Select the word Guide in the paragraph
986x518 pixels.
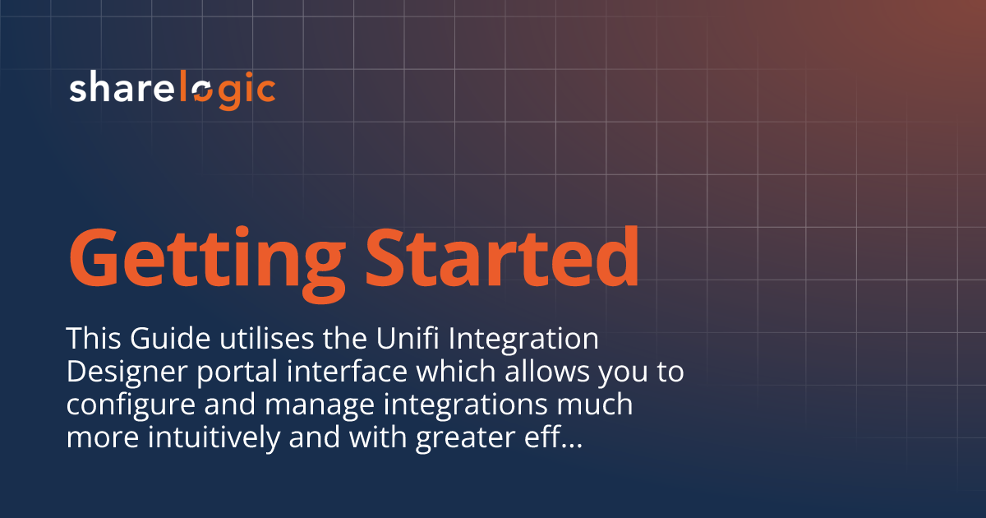(x=163, y=338)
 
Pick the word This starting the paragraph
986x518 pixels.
(x=91, y=338)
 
